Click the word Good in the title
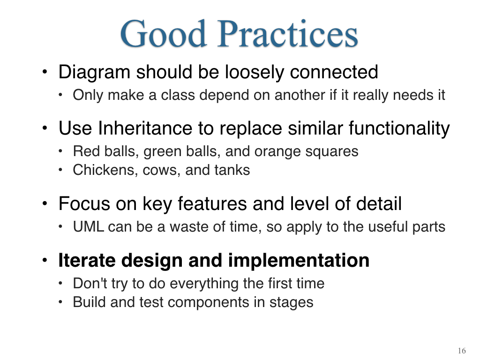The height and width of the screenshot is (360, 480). tap(163, 33)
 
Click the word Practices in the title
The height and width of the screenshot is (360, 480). tap(287, 33)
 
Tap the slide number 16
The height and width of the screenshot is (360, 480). tap(462, 351)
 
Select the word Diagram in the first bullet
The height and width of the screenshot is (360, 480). tap(94, 73)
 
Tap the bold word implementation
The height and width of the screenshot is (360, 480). tap(299, 261)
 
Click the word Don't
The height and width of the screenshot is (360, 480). tap(90, 283)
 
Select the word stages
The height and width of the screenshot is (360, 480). tap(291, 303)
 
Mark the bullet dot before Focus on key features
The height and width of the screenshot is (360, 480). tap(45, 203)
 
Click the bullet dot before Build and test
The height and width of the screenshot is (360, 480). tap(60, 302)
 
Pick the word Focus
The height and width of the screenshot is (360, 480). tap(83, 203)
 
